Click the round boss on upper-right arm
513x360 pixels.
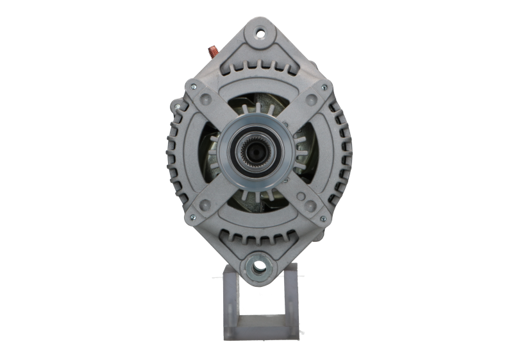click(x=309, y=99)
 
